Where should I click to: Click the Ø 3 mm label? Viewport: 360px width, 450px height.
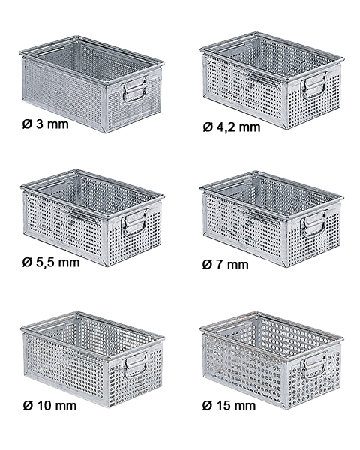tap(45, 124)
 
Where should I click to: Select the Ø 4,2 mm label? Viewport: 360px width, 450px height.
tap(232, 127)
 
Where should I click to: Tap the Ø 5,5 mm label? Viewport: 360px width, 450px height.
tap(51, 262)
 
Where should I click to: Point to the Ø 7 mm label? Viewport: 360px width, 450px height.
tap(225, 264)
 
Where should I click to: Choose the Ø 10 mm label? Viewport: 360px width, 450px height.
tap(49, 406)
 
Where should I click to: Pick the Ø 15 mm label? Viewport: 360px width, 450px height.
tap(229, 406)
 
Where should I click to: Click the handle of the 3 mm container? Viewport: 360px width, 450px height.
tap(135, 89)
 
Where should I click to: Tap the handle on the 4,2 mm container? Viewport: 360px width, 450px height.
tap(313, 85)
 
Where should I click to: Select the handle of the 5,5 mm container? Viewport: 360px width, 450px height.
tap(134, 223)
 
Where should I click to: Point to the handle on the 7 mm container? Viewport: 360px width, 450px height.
tap(313, 224)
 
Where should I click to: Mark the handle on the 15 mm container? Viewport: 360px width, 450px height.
tap(313, 365)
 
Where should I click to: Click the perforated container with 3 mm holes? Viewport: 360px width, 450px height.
tap(91, 84)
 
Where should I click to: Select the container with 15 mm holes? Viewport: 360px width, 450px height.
tap(271, 360)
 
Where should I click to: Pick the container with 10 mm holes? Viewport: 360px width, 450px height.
tap(91, 359)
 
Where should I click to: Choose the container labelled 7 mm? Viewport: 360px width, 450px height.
tap(271, 219)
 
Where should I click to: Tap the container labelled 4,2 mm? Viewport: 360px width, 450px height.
tap(271, 81)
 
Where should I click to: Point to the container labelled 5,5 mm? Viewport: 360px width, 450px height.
tap(91, 217)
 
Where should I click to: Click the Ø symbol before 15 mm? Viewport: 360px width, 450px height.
tap(207, 406)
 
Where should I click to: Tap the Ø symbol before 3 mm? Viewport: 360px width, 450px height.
tap(27, 124)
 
